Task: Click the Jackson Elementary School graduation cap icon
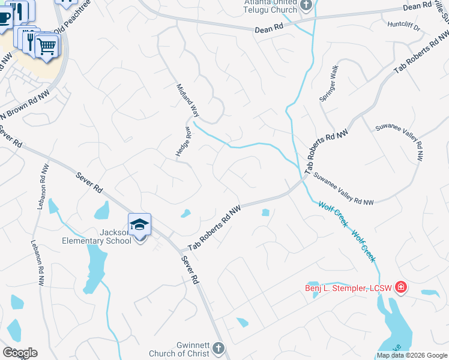[x=139, y=225]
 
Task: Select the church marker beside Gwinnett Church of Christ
[x=218, y=347]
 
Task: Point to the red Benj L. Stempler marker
[x=400, y=288]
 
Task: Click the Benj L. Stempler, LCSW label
[x=347, y=289]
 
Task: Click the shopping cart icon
[x=47, y=45]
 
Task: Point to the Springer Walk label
[x=330, y=83]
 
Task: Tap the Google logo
[x=20, y=352]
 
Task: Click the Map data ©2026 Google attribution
[x=412, y=355]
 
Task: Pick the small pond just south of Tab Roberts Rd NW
[x=265, y=212]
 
